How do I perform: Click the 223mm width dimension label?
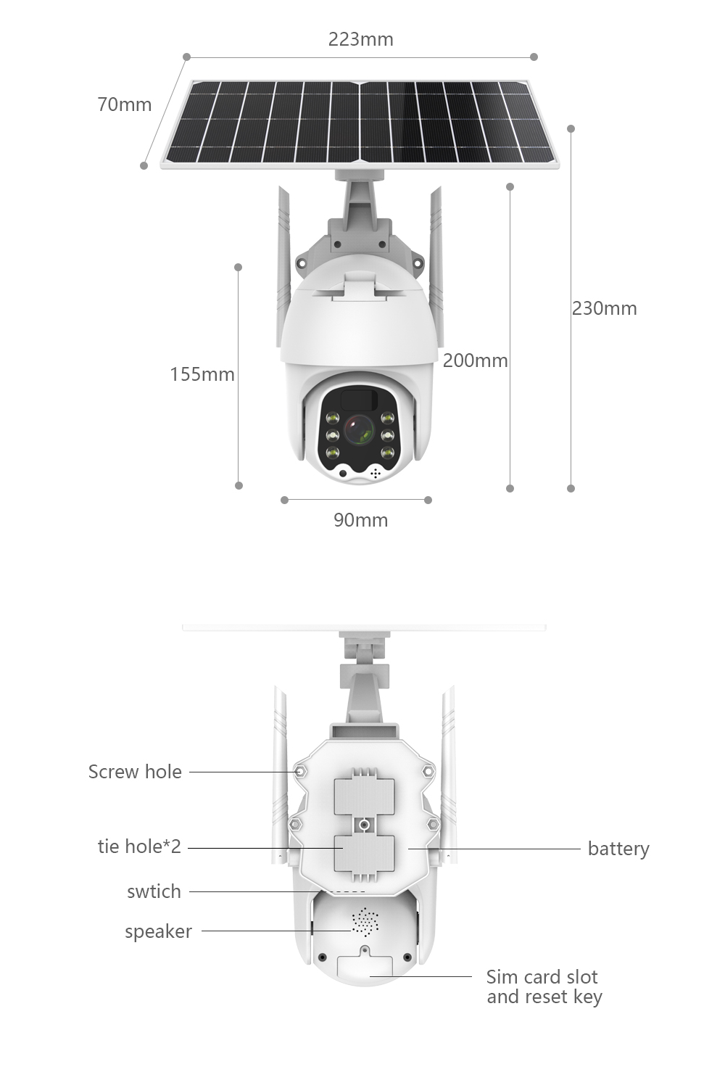pyautogui.click(x=361, y=39)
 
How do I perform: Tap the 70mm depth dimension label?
pyautogui.click(x=125, y=104)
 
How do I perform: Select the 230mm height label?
pyautogui.click(x=604, y=308)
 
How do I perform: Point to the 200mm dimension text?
pyautogui.click(x=476, y=360)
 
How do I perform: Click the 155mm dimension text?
pyautogui.click(x=202, y=374)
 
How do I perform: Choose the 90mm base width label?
pyautogui.click(x=361, y=520)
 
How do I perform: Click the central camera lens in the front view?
pyautogui.click(x=360, y=430)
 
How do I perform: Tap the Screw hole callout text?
pyautogui.click(x=135, y=772)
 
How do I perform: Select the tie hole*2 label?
pyautogui.click(x=139, y=846)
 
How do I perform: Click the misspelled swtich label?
pyautogui.click(x=154, y=891)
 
